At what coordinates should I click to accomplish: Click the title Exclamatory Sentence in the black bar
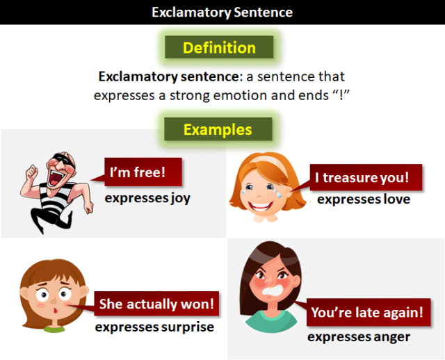coord(222,13)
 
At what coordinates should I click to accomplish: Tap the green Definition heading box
coord(219,48)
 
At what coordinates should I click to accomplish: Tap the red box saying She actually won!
coord(157,304)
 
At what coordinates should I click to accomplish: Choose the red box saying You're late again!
coord(366,313)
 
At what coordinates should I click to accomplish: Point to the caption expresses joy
coord(147,198)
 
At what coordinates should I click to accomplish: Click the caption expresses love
coord(363,199)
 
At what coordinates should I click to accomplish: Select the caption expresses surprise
coord(154,327)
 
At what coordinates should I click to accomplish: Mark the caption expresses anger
coord(359,337)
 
